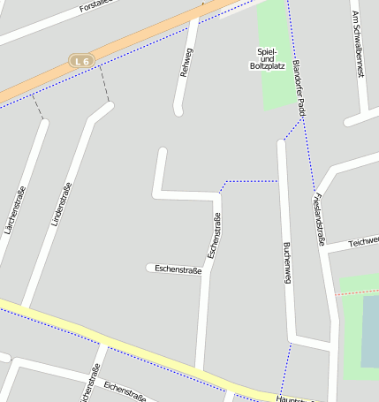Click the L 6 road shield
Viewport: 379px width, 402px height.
click(x=81, y=60)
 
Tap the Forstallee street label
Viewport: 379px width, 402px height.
click(x=96, y=6)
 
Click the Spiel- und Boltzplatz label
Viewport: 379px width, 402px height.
click(x=267, y=59)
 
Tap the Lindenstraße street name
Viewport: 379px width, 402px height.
click(x=60, y=203)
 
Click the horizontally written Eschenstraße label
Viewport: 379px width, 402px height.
click(x=178, y=269)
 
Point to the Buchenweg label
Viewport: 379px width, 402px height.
click(x=286, y=262)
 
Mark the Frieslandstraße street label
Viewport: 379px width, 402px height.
click(x=319, y=217)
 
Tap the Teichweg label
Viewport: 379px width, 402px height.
click(x=363, y=241)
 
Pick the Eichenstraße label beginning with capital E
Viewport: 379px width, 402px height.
click(x=124, y=391)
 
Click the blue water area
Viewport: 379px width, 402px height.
click(x=370, y=331)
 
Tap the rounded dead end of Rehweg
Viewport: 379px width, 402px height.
click(x=178, y=111)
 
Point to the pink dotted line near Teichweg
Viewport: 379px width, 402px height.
click(x=357, y=291)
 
